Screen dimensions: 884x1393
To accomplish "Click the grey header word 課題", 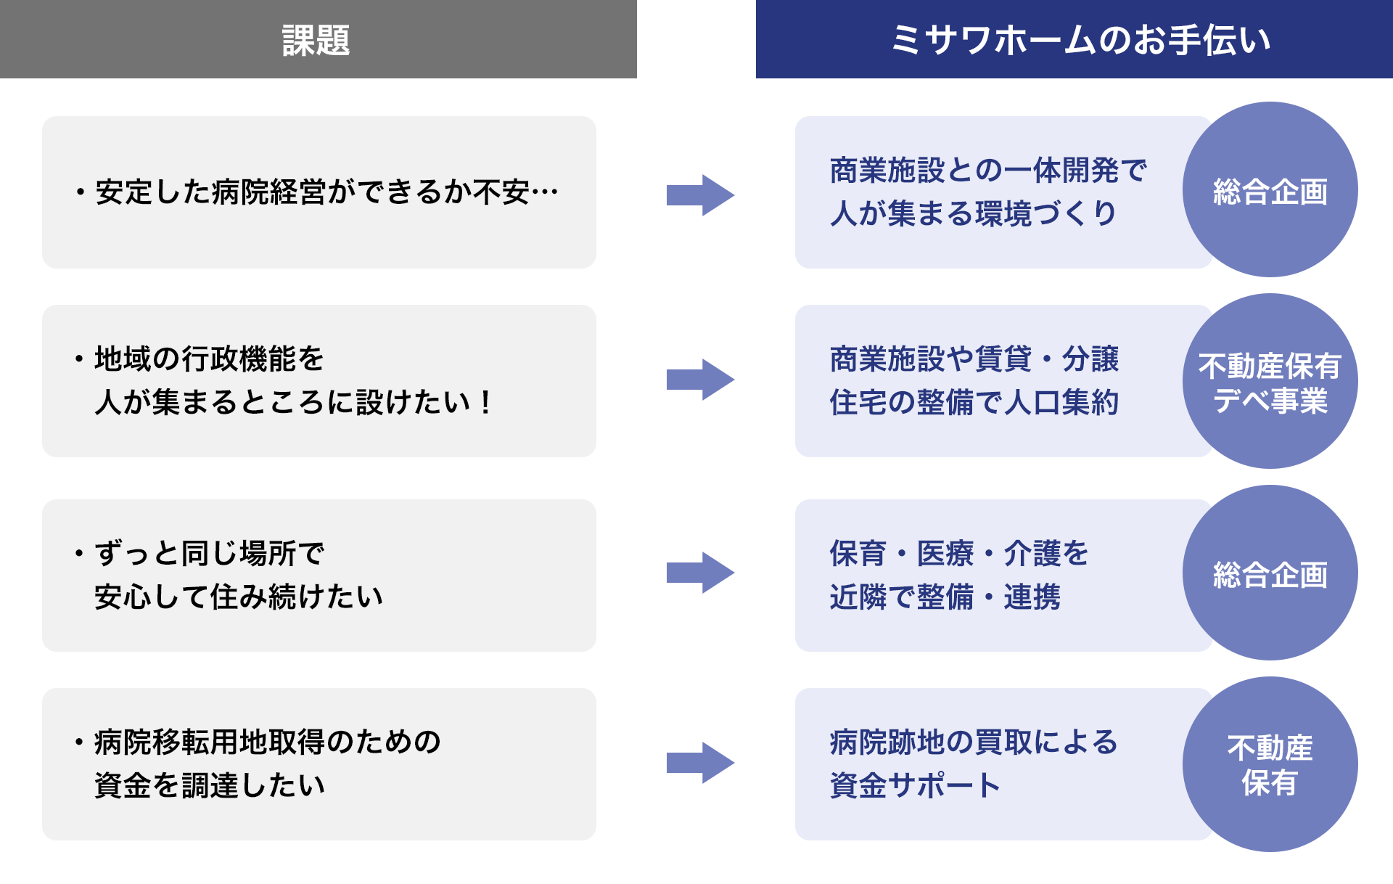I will [x=316, y=40].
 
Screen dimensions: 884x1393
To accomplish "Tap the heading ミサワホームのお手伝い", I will [x=1080, y=40].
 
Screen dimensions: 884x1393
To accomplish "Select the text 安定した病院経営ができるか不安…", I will [x=326, y=192].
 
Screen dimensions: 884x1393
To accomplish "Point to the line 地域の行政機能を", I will [x=209, y=359].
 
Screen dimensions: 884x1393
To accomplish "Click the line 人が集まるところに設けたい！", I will [x=294, y=402].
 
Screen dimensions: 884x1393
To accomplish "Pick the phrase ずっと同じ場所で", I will [x=209, y=553].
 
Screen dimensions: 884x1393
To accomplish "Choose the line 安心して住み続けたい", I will [x=238, y=597].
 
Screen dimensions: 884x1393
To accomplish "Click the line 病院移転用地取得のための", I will [x=267, y=742].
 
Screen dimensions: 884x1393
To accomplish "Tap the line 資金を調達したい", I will [x=209, y=785].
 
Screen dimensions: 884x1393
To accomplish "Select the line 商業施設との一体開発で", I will [x=988, y=171].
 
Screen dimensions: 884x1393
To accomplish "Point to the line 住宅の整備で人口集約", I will [x=974, y=402].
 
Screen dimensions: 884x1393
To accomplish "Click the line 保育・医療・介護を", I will [x=959, y=553].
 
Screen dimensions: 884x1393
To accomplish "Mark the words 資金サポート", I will [x=916, y=785].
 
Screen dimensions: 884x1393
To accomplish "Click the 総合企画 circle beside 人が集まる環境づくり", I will [x=1270, y=190].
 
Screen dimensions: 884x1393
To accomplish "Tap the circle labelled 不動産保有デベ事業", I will [x=1270, y=382].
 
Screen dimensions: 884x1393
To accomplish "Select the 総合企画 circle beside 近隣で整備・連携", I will [x=1270, y=573].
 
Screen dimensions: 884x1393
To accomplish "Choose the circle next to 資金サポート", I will [x=1270, y=765].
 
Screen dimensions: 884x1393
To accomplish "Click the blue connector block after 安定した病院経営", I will [x=701, y=195].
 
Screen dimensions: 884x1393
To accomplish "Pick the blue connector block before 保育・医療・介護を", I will [x=701, y=573].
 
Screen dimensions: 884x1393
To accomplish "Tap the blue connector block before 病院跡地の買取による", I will [x=701, y=763].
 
